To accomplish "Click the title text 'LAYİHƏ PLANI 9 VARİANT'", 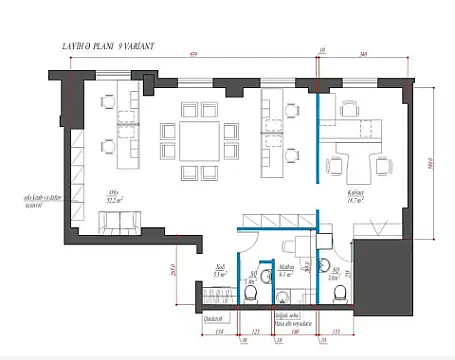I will click(101, 47).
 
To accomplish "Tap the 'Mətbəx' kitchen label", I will click(285, 268).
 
